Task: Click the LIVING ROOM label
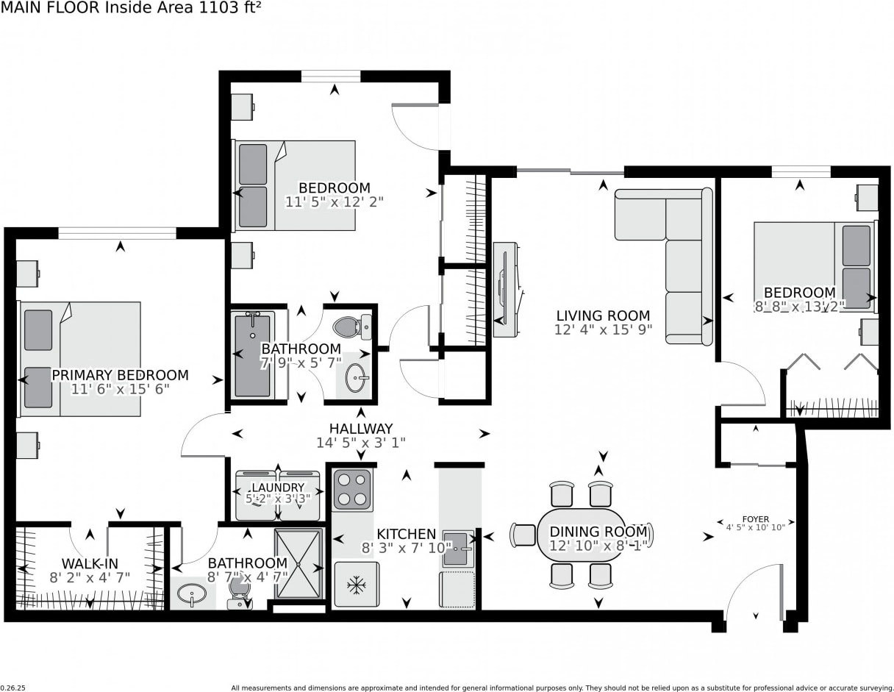603,316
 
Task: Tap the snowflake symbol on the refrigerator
357,585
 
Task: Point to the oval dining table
581,535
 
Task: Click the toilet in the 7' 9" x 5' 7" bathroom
353,327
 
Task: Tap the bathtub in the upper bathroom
253,354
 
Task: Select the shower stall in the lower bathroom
298,563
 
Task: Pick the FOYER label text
756,519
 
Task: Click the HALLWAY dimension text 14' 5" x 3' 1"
361,443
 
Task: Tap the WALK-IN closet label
90,563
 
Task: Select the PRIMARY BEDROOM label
120,375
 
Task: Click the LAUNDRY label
278,488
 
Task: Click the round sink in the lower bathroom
192,594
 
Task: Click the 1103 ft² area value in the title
230,8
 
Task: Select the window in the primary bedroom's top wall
117,233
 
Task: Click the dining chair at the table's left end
523,535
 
